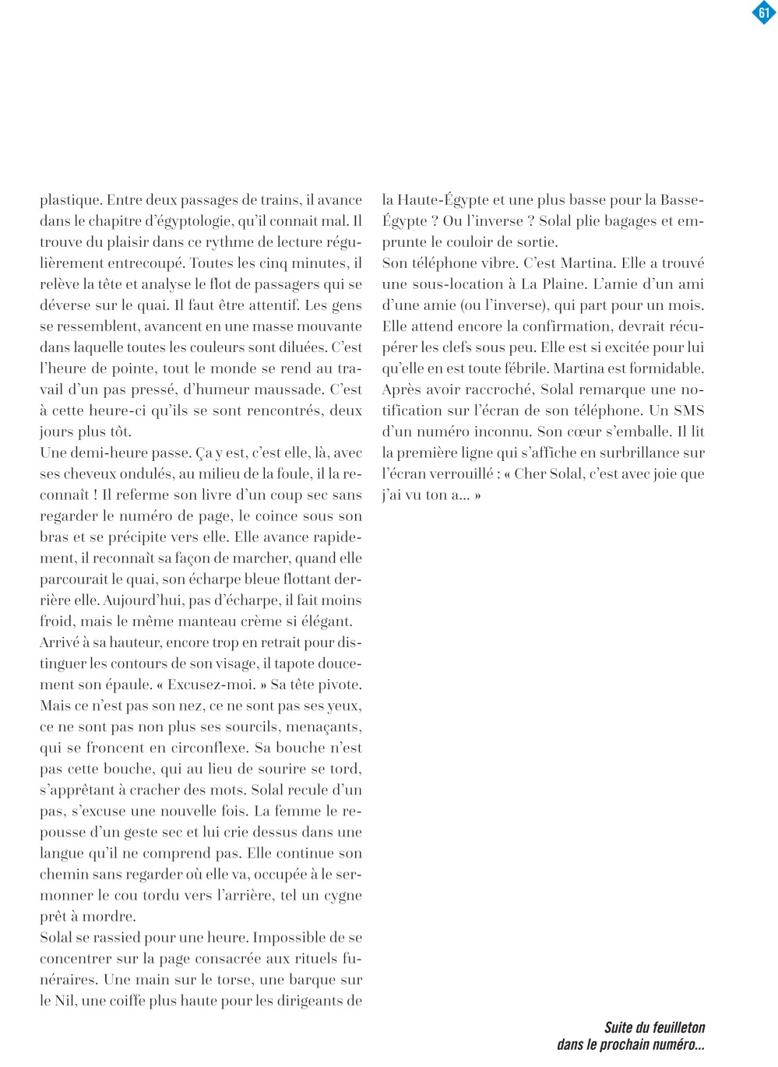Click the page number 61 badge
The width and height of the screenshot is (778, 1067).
click(763, 12)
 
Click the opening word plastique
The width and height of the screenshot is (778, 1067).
click(69, 200)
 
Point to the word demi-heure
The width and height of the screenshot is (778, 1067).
click(107, 453)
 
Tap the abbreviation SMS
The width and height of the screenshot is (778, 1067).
click(688, 410)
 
